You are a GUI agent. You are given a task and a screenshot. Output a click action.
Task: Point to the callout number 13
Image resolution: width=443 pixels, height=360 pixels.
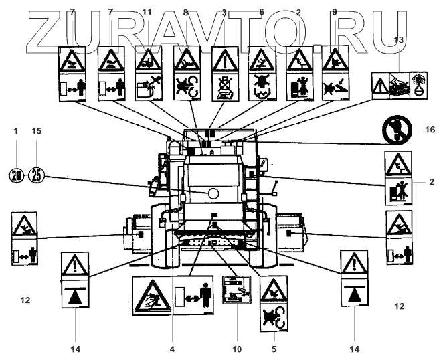(399, 40)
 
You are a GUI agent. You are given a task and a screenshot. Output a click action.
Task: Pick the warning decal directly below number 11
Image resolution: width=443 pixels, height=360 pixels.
(149, 74)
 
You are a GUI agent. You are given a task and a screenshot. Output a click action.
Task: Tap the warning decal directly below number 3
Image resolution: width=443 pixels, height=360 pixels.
(226, 74)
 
